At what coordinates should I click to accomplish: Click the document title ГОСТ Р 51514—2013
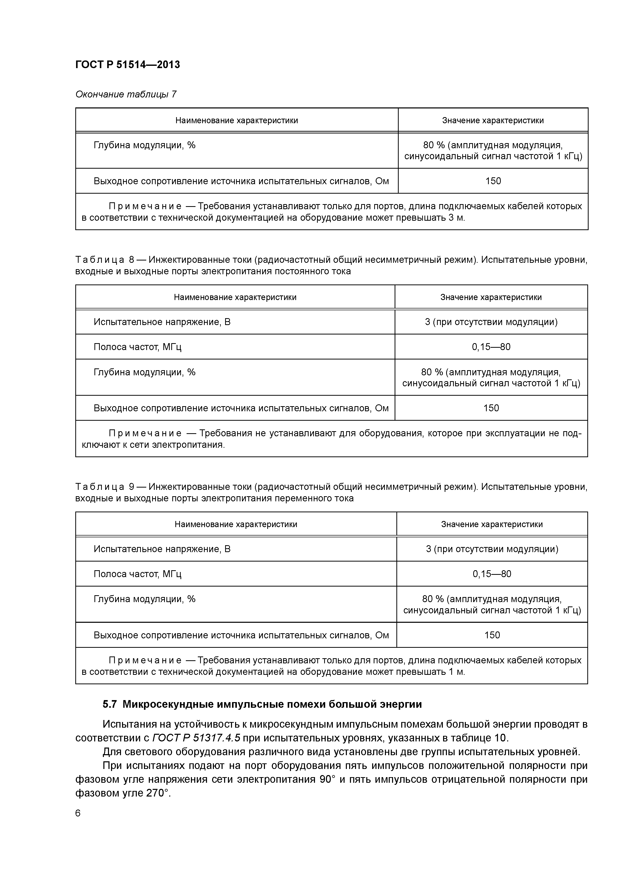point(128,65)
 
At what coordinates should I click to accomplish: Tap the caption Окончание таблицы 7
point(126,94)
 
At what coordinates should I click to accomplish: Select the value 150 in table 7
point(493,181)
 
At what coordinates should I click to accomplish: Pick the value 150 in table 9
point(492,635)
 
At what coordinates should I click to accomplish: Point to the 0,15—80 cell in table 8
point(491,346)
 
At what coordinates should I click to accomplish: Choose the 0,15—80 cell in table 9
point(492,574)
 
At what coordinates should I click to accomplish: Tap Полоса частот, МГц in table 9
point(137,574)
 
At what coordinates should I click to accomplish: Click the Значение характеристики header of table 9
point(492,524)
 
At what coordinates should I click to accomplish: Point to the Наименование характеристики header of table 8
point(235,297)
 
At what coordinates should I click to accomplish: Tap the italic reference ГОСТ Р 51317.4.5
point(196,738)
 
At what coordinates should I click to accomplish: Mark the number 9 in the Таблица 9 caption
point(132,487)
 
